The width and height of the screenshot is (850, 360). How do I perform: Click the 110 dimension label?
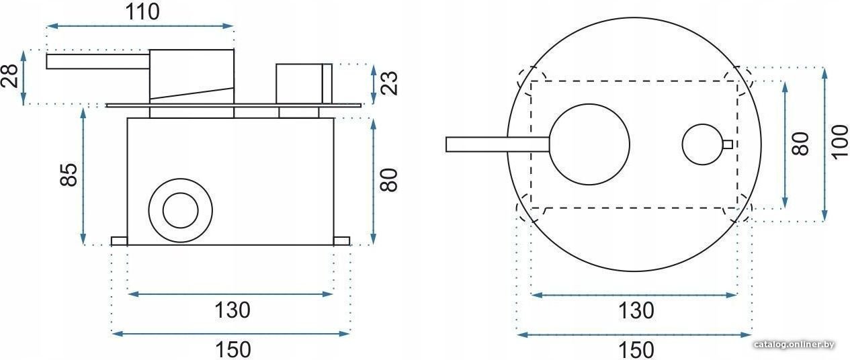coord(142,13)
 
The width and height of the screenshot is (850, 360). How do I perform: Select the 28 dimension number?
coord(10,76)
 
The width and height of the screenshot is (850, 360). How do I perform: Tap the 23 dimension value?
coord(390,83)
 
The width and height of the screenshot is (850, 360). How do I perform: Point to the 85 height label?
coord(69,175)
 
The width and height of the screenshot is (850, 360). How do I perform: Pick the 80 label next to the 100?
coord(801,144)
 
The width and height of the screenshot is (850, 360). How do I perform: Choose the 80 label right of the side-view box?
coord(389,180)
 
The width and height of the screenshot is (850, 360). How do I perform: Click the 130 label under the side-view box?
coord(232,310)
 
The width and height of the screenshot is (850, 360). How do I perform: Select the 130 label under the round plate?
coord(636,311)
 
